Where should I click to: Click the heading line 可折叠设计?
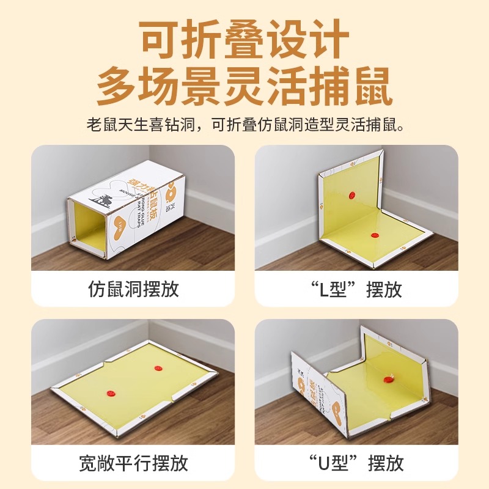(244, 40)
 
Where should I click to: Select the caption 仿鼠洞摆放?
(134, 289)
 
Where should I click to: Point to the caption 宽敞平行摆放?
(134, 462)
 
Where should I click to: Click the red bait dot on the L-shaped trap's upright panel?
(351, 194)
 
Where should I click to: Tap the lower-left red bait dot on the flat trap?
(111, 393)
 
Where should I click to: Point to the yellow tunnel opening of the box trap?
(90, 226)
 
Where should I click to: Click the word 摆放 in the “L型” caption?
(384, 289)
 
